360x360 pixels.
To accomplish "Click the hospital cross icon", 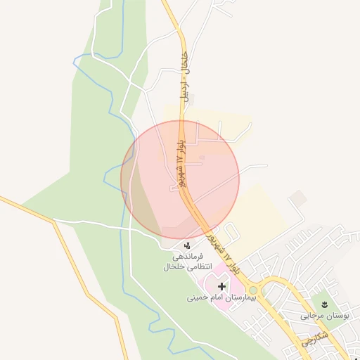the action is pyautogui.click(x=222, y=286).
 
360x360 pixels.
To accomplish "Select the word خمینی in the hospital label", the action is pyautogui.click(x=198, y=298).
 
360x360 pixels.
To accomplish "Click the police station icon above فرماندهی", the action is pyautogui.click(x=188, y=245).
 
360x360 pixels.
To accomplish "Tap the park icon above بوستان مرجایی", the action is pyautogui.click(x=324, y=304).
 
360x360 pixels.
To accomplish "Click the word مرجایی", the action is pyautogui.click(x=313, y=316).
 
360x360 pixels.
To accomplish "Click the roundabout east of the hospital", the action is pyautogui.click(x=255, y=290).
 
